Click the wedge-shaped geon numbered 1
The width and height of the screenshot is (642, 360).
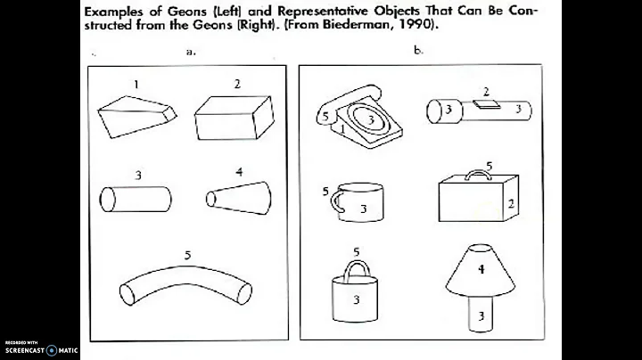coord(136,112)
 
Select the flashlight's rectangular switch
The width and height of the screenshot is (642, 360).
coord(486,104)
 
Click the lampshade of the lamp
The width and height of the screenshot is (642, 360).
coord(479,268)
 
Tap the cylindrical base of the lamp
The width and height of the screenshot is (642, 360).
coord(480,315)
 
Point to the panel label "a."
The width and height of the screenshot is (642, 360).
coord(191,52)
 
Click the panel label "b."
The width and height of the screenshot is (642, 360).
coord(418,51)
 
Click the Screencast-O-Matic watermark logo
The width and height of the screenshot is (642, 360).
coord(51,349)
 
